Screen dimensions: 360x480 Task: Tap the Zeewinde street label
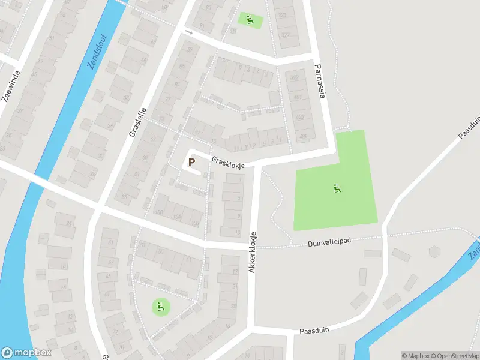pos(11,87)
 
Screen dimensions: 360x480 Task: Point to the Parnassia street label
pos(322,82)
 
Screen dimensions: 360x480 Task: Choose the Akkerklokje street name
pos(253,253)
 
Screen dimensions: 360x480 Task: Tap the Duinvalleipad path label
pos(329,241)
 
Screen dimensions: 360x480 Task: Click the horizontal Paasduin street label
pos(316,331)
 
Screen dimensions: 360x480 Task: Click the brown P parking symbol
pos(192,162)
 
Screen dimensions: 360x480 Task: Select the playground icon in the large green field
pos(337,189)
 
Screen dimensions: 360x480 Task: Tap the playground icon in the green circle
pos(160,308)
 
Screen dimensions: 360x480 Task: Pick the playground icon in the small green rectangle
pos(250,19)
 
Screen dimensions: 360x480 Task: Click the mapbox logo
pos(26,353)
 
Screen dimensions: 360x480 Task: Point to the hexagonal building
pos(434,251)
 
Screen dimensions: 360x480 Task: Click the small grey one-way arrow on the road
pos(188,31)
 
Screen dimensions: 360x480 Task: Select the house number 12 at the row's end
pos(222,60)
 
